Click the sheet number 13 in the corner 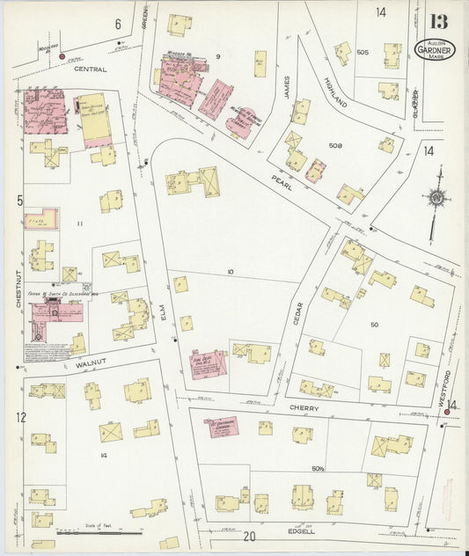pos(438,21)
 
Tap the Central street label pos(91,69)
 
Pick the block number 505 pos(363,53)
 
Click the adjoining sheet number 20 pos(250,536)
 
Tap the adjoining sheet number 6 pos(118,25)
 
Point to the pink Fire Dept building pos(209,363)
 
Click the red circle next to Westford pos(446,410)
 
